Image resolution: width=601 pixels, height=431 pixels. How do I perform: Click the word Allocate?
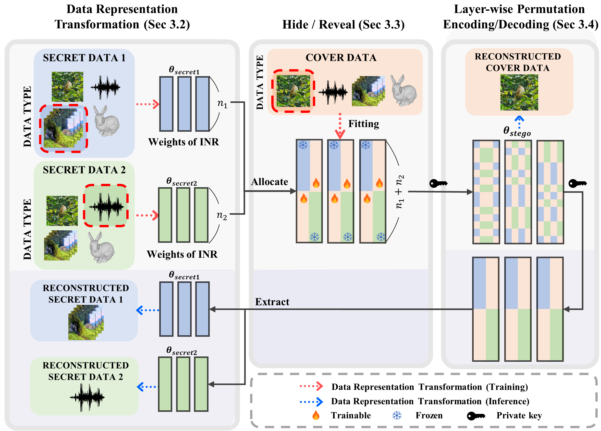pyautogui.click(x=269, y=182)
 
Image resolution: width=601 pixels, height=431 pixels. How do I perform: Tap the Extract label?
pyautogui.click(x=272, y=302)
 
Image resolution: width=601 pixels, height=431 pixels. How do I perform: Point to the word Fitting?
pyautogui.click(x=363, y=124)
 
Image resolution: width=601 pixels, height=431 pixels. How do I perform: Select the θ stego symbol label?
pyautogui.click(x=517, y=131)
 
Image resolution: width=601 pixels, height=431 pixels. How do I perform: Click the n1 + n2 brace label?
pyautogui.click(x=399, y=191)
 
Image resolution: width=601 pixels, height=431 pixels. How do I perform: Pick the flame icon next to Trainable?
pyautogui.click(x=316, y=415)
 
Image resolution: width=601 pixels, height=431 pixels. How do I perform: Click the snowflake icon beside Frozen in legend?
pyautogui.click(x=397, y=415)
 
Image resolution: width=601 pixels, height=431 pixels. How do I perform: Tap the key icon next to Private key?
pyautogui.click(x=476, y=416)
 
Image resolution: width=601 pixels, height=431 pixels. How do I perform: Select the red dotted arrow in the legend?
pyautogui.click(x=311, y=387)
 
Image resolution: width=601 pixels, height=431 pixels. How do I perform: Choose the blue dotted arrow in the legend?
pyautogui.click(x=311, y=402)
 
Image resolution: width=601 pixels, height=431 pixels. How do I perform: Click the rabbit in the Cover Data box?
pyautogui.click(x=403, y=91)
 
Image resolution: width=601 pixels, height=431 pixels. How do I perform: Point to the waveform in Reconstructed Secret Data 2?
pyautogui.click(x=87, y=397)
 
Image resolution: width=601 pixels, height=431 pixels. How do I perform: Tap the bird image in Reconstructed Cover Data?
pyautogui.click(x=519, y=92)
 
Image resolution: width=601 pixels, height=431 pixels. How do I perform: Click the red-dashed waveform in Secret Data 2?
pyautogui.click(x=106, y=206)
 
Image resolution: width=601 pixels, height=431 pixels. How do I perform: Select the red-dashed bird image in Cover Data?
pyautogui.click(x=293, y=91)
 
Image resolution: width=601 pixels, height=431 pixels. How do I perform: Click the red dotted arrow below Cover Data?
pyautogui.click(x=340, y=126)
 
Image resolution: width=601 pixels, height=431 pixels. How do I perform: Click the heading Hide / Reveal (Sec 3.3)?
pyautogui.click(x=343, y=25)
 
